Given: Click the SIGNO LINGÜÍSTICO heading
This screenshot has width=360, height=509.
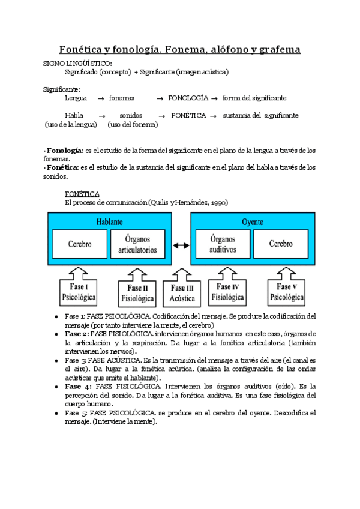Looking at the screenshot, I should (77, 63).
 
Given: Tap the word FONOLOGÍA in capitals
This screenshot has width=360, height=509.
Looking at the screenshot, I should (188, 97).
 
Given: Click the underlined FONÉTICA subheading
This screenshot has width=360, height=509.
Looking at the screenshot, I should (82, 194).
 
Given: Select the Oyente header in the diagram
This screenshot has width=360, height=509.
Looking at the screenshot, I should (251, 221).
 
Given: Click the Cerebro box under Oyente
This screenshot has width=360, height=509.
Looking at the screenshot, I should (281, 244).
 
